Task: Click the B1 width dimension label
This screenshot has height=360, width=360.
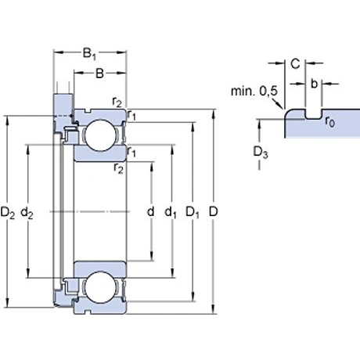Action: pos(90,56)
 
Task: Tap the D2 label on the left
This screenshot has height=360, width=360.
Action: pos(9,212)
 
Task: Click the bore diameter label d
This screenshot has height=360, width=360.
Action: pos(149,212)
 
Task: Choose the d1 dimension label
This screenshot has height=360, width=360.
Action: pos(171,212)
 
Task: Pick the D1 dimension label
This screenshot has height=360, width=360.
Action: pos(192,212)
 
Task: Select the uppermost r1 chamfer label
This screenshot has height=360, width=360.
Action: pos(132,115)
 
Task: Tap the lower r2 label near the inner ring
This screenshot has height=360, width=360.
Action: pos(118,167)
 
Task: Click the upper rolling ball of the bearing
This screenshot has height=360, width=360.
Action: pos(99,137)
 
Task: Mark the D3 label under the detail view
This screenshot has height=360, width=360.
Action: pos(261,150)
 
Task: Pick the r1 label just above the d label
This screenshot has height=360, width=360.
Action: pos(132,152)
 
